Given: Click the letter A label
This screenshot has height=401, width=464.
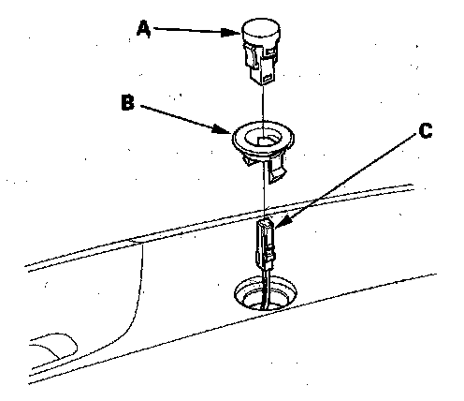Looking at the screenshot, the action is [144, 29].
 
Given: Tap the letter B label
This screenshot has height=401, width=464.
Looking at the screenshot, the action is [127, 102].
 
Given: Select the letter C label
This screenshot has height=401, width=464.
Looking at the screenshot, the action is [426, 130].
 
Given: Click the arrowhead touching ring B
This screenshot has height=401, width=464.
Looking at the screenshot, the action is [222, 129].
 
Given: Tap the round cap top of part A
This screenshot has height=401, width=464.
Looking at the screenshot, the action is [261, 29].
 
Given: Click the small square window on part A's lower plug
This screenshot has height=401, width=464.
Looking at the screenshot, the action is [268, 79].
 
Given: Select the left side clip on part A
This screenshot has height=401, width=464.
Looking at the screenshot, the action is [251, 56].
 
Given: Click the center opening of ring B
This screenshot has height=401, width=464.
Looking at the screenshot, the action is [263, 138].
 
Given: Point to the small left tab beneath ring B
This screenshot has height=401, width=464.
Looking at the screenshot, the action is [248, 160].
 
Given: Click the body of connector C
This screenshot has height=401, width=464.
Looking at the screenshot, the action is [265, 244].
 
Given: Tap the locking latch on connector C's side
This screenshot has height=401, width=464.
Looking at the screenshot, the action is [270, 253].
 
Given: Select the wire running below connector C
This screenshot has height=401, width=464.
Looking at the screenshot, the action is [266, 289].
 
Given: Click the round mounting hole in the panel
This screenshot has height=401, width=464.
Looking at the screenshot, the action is [266, 293].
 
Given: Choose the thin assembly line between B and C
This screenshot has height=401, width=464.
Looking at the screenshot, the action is [265, 189].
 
